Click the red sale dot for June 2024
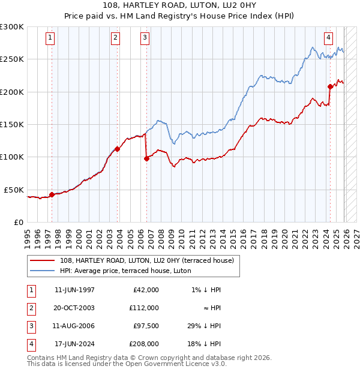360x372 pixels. coord(330,86)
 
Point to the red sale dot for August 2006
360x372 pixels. coord(146,158)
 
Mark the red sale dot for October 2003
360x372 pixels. coord(117,149)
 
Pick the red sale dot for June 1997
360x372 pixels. coord(52,194)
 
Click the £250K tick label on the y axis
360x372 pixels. coord(12,59)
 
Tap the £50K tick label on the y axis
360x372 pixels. coord(14,190)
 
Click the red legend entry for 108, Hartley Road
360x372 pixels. coord(150,260)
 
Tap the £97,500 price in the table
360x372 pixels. coord(144,326)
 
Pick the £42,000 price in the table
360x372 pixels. coord(144,290)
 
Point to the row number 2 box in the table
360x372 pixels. coord(31,308)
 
